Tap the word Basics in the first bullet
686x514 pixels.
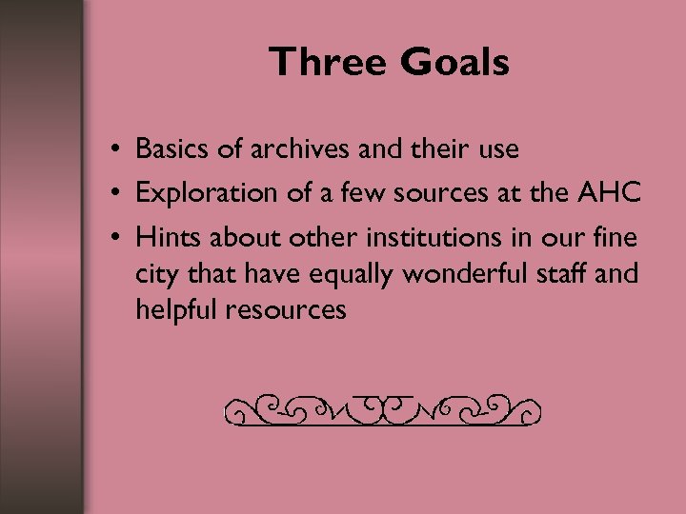pos(169,149)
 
